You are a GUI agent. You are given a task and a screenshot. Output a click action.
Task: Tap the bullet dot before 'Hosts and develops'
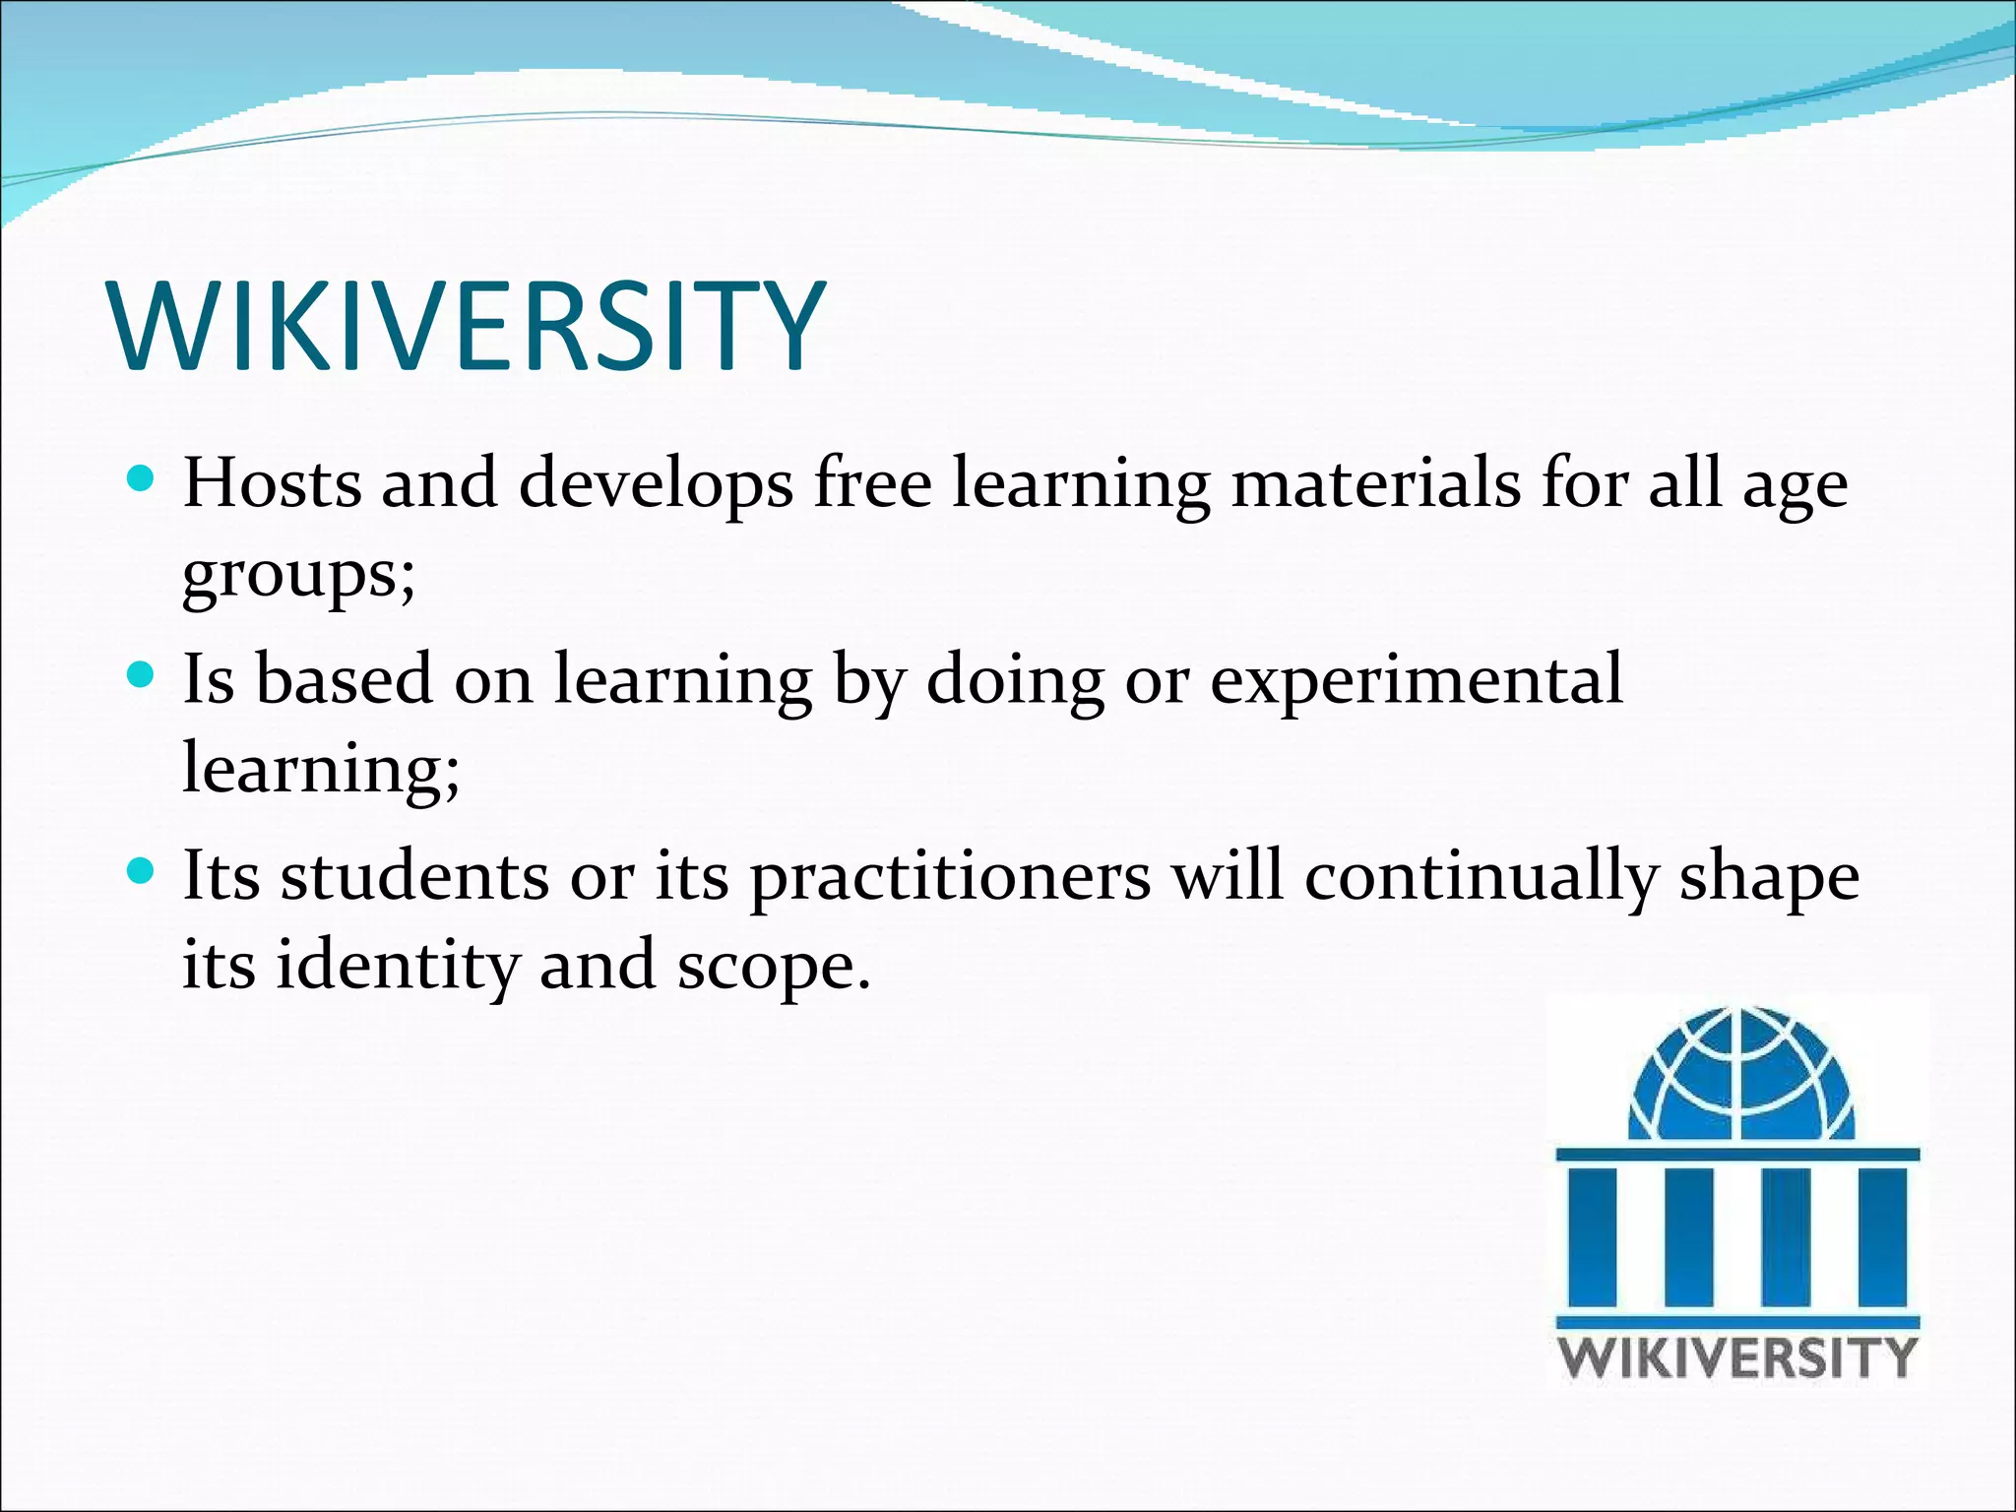pos(142,479)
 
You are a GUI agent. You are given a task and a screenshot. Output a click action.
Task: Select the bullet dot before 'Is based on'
pos(142,675)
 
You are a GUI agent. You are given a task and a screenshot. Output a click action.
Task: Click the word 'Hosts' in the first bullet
pos(273,484)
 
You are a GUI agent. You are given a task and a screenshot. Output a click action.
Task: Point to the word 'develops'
pos(656,484)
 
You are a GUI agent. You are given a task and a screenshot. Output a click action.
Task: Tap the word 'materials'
pos(1376,484)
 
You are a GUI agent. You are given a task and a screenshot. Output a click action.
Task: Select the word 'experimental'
pos(1417,680)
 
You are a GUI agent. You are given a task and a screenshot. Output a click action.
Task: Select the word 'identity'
pos(397,965)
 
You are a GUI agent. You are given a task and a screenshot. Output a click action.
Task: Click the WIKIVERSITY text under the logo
pos(1738,1357)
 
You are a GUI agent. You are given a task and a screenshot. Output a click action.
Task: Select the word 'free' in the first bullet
pos(872,484)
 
